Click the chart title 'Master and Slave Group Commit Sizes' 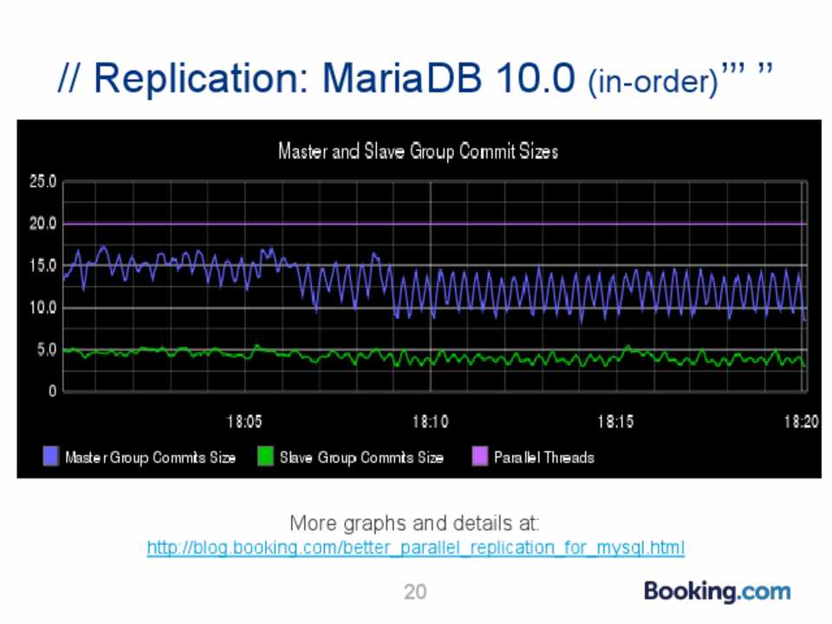pos(418,152)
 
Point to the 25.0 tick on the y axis pos(42,182)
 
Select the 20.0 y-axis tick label pos(42,224)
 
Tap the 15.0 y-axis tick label pos(42,265)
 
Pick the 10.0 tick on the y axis pos(42,308)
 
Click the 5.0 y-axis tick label pos(46,350)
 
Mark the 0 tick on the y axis pos(52,391)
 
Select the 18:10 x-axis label pos(431,423)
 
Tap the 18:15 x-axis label pos(616,423)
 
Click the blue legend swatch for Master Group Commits pos(51,457)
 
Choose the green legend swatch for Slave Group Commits pos(264,457)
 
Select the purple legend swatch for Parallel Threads pos(478,457)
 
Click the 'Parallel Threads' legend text pos(544,457)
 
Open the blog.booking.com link pos(416,548)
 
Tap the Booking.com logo pos(717,592)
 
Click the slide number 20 pos(415,592)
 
